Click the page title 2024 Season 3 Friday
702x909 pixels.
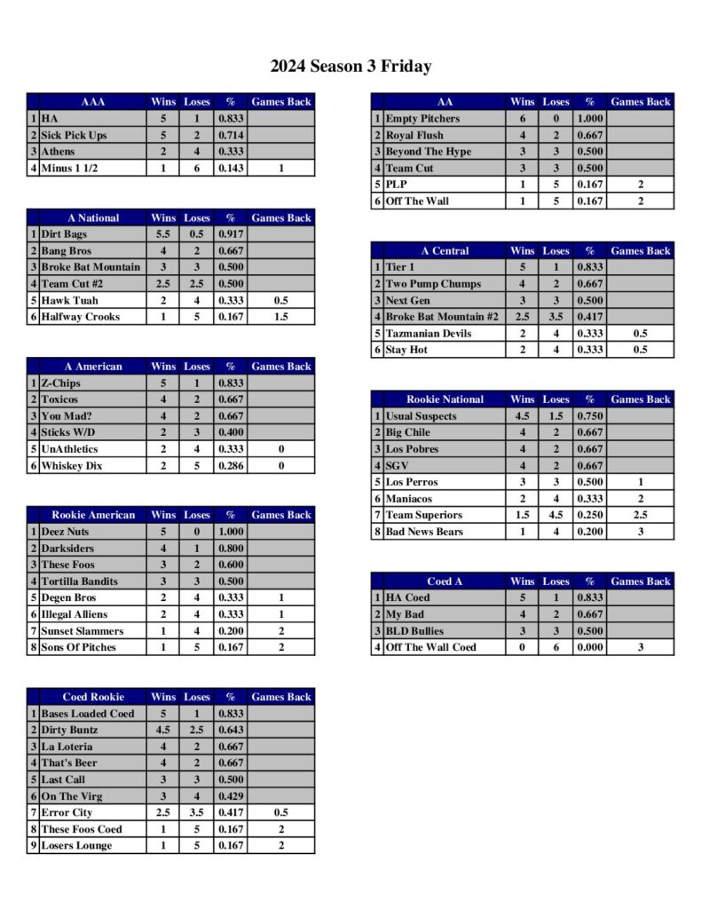click(351, 67)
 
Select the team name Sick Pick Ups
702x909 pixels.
click(74, 135)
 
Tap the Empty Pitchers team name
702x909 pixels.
click(422, 119)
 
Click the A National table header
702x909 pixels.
click(93, 217)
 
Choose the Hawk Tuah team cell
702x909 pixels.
click(70, 300)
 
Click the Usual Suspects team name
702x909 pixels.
click(422, 416)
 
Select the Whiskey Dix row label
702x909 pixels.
click(72, 465)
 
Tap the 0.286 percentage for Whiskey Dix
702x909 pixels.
click(231, 465)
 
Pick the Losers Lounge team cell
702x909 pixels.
click(76, 845)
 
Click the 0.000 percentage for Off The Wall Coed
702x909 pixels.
click(589, 647)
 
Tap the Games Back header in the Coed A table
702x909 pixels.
click(641, 581)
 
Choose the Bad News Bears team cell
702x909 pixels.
click(424, 532)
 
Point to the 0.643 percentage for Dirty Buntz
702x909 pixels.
click(231, 730)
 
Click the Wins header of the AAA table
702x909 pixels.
click(163, 102)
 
